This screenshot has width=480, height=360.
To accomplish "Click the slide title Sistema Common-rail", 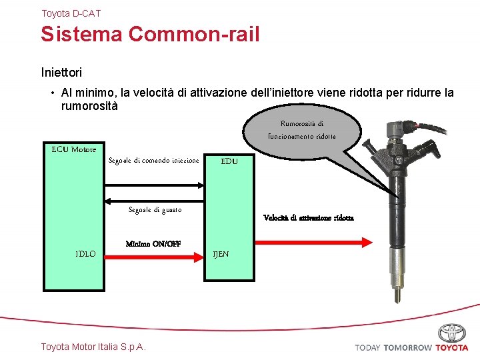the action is click(x=150, y=34).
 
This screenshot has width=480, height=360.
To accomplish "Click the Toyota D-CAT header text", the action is click(x=71, y=13).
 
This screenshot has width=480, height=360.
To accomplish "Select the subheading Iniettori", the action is click(x=61, y=69).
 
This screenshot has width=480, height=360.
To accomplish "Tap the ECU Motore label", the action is click(x=74, y=149).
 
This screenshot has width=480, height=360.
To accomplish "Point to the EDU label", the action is click(x=229, y=161).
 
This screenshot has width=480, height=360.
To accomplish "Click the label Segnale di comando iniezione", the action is click(x=153, y=161).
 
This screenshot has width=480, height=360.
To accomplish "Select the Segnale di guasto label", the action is click(x=155, y=210).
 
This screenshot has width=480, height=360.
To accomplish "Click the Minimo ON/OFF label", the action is click(x=153, y=244).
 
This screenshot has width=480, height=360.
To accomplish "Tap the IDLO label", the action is click(x=85, y=254).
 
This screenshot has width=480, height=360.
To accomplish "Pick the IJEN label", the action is click(x=221, y=254).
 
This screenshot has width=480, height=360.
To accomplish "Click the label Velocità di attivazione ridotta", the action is click(x=309, y=217).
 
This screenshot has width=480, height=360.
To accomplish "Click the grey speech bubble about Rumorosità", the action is click(x=302, y=129).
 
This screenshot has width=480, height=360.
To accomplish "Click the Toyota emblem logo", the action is click(x=453, y=333).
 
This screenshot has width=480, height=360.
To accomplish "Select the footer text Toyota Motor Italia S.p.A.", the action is click(x=93, y=347).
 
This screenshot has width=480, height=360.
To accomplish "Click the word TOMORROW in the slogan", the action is click(x=407, y=347).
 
